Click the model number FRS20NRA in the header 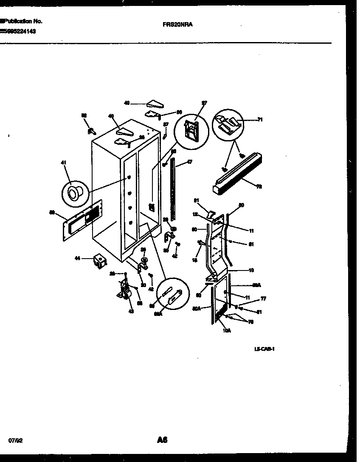[177, 25]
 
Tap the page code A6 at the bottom [162, 440]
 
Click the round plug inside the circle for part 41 [76, 194]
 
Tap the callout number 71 [260, 120]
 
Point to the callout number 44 [77, 258]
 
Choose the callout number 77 [263, 299]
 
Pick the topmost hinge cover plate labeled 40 [152, 103]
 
